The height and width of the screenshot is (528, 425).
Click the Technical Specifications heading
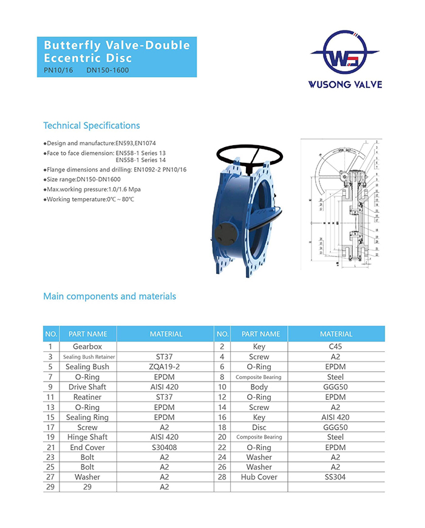point(92,126)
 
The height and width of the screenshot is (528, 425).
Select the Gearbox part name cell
point(87,346)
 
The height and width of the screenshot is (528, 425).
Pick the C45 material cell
point(336,346)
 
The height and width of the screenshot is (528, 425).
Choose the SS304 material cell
point(336,477)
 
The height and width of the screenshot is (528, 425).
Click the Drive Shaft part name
point(87,387)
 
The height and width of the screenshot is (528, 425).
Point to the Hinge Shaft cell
point(87,437)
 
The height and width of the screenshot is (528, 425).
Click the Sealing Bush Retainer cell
point(89,357)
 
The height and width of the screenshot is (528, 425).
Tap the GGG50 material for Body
point(336,387)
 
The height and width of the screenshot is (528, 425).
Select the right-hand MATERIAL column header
point(336,334)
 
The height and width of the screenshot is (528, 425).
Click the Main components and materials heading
point(109,297)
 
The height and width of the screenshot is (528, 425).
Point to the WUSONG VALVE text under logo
point(345,84)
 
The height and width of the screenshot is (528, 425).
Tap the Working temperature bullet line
point(89,199)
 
